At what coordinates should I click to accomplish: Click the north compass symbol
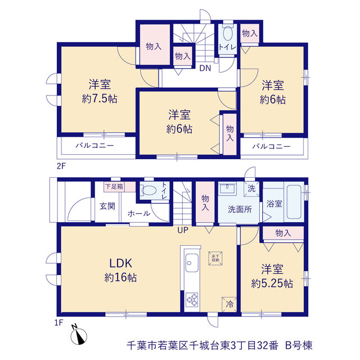click(x=79, y=336)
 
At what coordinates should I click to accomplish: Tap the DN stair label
click(x=205, y=68)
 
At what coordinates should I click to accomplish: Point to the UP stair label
click(x=183, y=230)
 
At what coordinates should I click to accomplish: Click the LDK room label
click(x=121, y=263)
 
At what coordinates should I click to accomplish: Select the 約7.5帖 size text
click(x=100, y=99)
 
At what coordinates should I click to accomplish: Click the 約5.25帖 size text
click(x=272, y=283)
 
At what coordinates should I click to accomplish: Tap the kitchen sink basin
click(x=192, y=263)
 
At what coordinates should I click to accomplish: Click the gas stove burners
click(x=192, y=299)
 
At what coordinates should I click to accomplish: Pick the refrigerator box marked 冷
click(x=229, y=304)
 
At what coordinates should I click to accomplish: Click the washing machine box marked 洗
click(x=251, y=189)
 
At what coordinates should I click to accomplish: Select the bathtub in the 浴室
click(x=294, y=202)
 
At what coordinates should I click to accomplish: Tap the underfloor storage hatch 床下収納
click(x=215, y=258)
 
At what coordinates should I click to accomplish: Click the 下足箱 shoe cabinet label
click(x=114, y=186)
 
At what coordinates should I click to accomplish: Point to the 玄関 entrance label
click(x=107, y=206)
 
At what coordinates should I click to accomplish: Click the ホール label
click(x=139, y=214)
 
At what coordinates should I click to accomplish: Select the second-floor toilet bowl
click(x=228, y=34)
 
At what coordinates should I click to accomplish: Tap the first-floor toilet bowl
click(x=148, y=190)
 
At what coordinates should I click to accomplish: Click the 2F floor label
click(x=61, y=166)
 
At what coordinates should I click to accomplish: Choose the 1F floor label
click(x=58, y=322)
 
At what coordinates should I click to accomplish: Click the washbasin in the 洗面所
click(x=227, y=189)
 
